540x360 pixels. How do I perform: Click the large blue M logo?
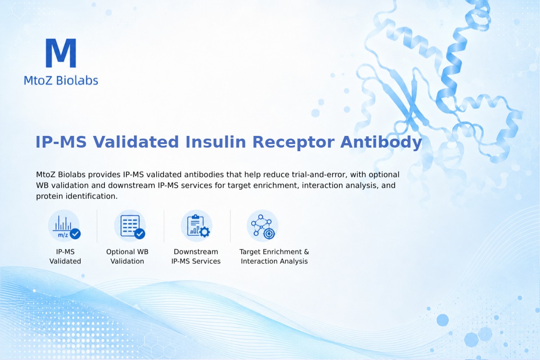(61, 53)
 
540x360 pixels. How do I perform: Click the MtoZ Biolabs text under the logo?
(61, 80)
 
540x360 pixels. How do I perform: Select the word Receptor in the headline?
(293, 142)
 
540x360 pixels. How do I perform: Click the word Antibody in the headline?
(381, 142)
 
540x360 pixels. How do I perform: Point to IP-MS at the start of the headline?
(61, 142)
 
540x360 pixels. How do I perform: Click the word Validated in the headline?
(136, 142)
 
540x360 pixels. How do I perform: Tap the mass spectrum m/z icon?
(64, 226)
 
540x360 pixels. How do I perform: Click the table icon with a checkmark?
(130, 226)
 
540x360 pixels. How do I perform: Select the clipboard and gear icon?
(197, 226)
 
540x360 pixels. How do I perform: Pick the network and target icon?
(262, 226)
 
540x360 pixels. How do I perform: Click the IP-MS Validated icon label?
(65, 256)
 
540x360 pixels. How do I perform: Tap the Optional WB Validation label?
(127, 256)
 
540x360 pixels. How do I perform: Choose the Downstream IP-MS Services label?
(196, 256)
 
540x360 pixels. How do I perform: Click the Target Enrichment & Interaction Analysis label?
(274, 256)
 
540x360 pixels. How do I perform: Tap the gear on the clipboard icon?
(205, 232)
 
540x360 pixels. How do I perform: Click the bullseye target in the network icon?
(269, 234)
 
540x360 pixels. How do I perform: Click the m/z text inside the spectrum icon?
(63, 234)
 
